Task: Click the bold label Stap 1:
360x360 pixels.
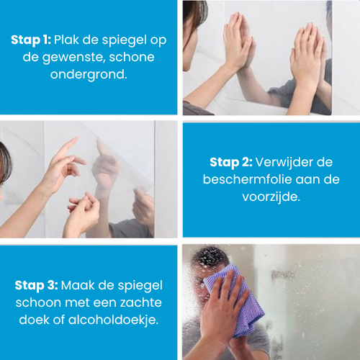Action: [31, 40]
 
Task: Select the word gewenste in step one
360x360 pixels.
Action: [73, 58]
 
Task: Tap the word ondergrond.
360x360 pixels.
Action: [89, 74]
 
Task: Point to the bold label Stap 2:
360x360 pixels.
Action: [231, 163]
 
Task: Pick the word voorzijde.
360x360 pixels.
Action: [271, 197]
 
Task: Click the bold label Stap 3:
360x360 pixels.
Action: [36, 286]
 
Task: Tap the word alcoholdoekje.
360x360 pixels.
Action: [113, 320]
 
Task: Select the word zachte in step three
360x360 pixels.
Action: [141, 302]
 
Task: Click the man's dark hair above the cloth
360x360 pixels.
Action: [210, 258]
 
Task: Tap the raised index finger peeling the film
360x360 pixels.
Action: [67, 148]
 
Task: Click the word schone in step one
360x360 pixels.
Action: [132, 57]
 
